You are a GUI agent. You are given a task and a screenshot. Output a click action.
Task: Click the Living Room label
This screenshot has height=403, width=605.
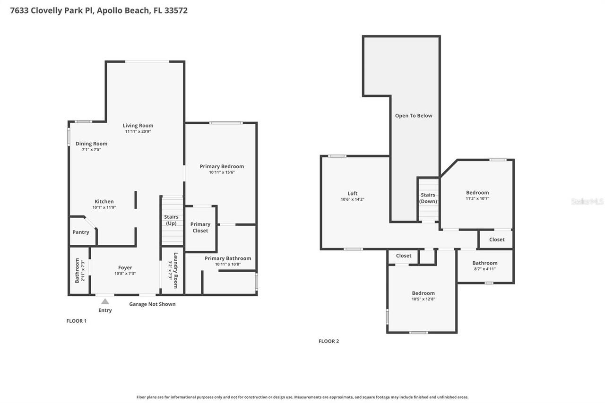pos(138,126)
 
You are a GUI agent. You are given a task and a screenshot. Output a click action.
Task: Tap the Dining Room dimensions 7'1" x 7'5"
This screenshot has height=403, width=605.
pos(91,150)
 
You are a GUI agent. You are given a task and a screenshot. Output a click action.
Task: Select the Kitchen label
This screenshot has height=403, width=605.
pos(104,202)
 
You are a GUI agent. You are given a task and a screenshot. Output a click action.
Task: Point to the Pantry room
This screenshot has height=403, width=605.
pos(81,232)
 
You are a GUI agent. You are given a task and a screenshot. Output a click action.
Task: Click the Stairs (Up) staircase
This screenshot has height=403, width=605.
pos(172,221)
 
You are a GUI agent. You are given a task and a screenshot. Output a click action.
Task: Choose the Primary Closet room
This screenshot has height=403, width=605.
pos(200,228)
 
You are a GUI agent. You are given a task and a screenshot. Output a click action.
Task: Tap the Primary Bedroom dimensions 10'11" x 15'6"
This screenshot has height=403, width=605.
pos(222,172)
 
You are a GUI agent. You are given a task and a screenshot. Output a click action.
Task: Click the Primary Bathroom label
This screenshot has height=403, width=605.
pos(228,258)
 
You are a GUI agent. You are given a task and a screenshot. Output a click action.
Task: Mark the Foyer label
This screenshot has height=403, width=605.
pos(125,268)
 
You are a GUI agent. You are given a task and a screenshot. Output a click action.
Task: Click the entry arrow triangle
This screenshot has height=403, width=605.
pos(105,301)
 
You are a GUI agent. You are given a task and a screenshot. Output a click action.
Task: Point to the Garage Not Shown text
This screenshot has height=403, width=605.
pos(152,304)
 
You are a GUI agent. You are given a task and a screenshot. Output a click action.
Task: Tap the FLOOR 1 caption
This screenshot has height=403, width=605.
pos(76,321)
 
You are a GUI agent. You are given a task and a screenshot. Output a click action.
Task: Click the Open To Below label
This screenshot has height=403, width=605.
pos(414,116)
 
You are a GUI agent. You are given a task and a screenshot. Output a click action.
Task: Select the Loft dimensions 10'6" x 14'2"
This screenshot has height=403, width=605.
pos(353,199)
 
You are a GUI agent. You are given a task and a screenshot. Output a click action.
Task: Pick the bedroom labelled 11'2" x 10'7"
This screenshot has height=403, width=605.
pos(477,195)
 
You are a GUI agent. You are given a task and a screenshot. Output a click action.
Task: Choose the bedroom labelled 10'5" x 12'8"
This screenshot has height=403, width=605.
pos(423,296)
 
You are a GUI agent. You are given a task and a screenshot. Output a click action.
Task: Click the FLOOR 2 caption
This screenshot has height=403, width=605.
pos(328,341)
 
